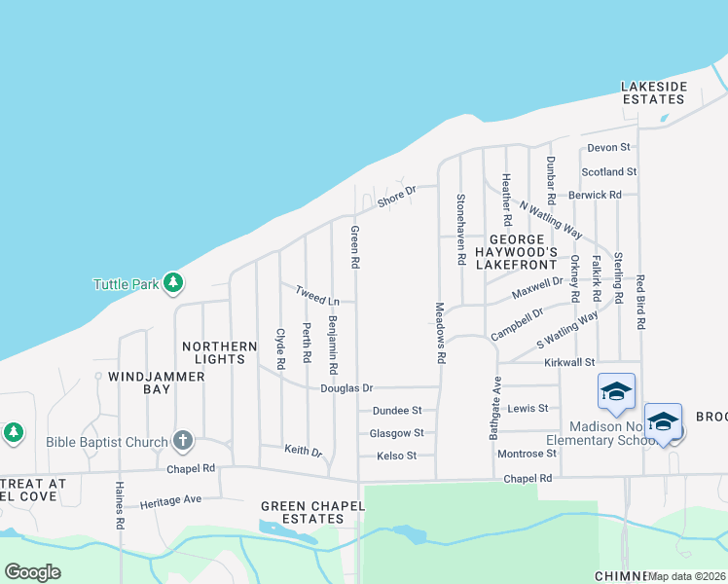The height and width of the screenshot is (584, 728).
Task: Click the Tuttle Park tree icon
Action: [x=173, y=283]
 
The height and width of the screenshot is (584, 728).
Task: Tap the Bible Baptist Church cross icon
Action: [x=182, y=442]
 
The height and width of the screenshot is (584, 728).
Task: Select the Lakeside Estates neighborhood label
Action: [x=654, y=92]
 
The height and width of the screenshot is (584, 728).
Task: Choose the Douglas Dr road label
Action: [x=346, y=387]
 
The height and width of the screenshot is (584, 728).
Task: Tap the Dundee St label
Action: [x=396, y=411]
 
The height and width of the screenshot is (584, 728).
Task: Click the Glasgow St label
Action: [x=396, y=433]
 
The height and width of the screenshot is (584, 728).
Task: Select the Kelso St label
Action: [x=396, y=456]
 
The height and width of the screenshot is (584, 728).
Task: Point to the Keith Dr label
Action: [x=303, y=451]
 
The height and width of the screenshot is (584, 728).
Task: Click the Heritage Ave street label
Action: [x=170, y=501]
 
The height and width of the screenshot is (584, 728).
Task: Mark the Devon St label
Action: [x=609, y=147]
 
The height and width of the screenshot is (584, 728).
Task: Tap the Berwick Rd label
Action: [x=594, y=195]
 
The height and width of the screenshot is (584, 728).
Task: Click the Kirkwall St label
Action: [x=569, y=362]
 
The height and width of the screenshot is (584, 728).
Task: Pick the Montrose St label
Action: [x=526, y=454]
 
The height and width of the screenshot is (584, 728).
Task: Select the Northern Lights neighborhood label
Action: [x=220, y=352]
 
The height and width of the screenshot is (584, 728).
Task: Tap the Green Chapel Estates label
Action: [x=303, y=512]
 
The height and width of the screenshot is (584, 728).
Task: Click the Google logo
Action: [x=32, y=572]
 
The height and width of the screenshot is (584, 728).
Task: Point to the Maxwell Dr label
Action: [x=537, y=286]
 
